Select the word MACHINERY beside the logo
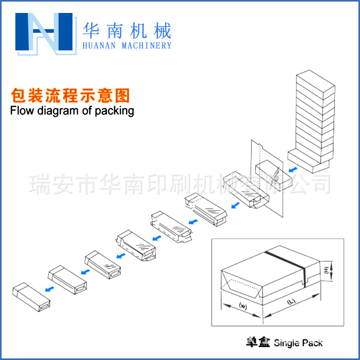click(147, 46)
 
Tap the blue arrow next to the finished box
click(48, 288)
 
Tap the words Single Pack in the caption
click(298, 343)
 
